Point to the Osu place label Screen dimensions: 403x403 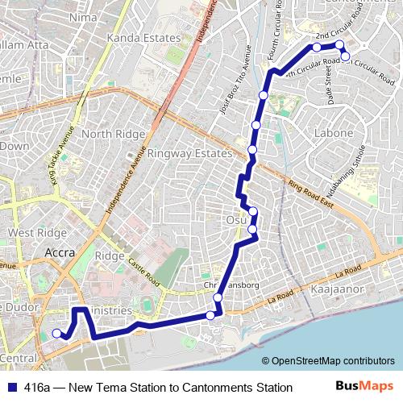(235, 219)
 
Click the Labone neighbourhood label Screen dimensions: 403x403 (333, 133)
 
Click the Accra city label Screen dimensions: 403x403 (60, 252)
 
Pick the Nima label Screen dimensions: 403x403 (84, 16)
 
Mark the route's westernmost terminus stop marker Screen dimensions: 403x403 (56, 333)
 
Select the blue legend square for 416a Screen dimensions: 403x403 (11, 388)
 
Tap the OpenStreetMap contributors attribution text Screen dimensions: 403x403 (333, 361)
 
